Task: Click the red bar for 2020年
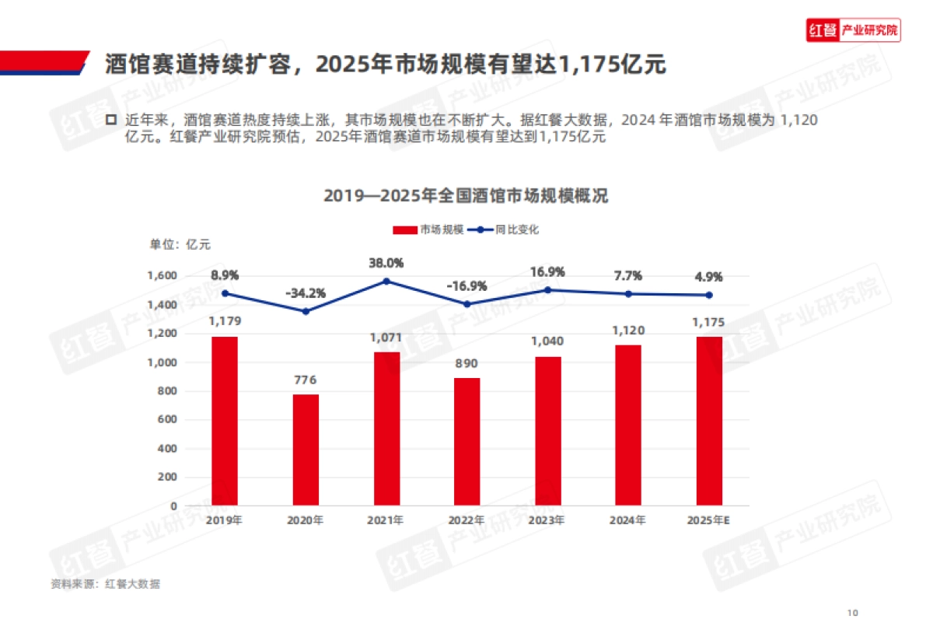[306, 450]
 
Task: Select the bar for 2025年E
[709, 421]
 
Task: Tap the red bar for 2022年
[466, 441]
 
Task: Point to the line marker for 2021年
[386, 281]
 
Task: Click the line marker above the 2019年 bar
[225, 293]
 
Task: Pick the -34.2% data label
[306, 293]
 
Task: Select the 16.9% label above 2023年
[547, 272]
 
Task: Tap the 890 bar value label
[466, 364]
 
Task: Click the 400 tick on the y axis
[167, 449]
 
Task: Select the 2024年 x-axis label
[628, 520]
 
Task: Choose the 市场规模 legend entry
[428, 229]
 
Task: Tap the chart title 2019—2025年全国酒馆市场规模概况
[466, 196]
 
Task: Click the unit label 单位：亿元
[180, 244]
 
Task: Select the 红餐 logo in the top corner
[853, 31]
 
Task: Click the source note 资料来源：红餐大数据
[106, 583]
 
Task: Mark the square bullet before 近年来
[110, 121]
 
